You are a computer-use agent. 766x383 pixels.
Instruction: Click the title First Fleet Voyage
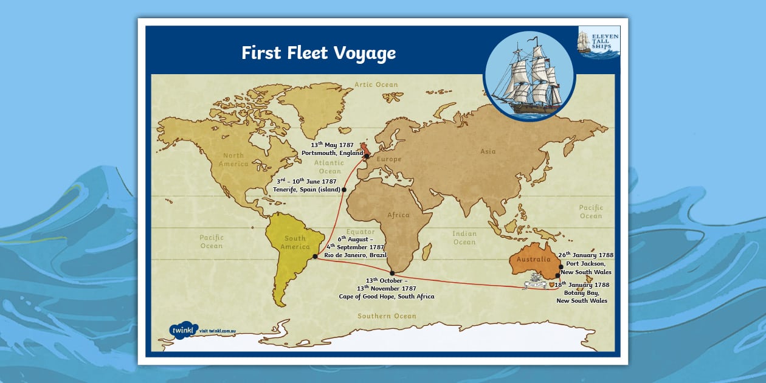click(319, 53)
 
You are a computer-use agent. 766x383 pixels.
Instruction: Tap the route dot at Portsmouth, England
click(367, 156)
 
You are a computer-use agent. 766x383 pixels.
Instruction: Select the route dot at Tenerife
click(344, 190)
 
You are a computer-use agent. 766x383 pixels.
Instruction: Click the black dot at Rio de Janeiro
click(314, 257)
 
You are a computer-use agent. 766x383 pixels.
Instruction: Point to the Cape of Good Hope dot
click(392, 274)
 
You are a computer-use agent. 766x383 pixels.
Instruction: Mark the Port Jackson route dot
click(561, 266)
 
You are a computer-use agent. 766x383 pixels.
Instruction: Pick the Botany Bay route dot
click(557, 275)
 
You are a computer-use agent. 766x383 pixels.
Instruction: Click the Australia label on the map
click(534, 260)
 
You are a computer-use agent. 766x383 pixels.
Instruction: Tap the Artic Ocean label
click(376, 85)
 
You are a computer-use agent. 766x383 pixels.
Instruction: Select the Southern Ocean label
click(387, 316)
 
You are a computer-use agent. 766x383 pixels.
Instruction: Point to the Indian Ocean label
click(464, 238)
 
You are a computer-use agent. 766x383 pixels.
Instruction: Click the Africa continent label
click(398, 215)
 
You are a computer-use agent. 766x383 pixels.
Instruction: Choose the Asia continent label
click(488, 151)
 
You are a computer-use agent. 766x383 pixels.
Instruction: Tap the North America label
click(235, 159)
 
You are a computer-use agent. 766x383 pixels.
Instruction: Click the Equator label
click(361, 232)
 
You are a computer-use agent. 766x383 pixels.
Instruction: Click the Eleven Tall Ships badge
click(599, 42)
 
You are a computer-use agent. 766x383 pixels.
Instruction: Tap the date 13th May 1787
click(332, 145)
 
